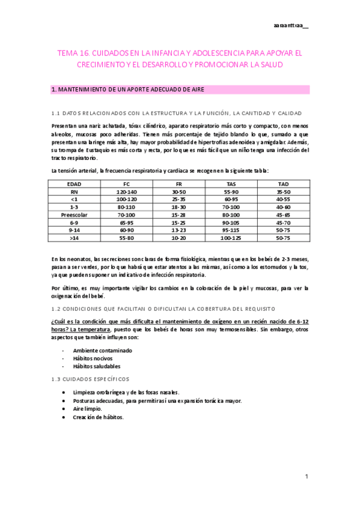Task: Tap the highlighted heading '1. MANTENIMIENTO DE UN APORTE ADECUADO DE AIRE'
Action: tap(128, 90)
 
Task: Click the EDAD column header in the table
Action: tap(75, 183)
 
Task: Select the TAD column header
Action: tap(283, 183)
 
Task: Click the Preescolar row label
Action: tap(75, 214)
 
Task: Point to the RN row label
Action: tap(75, 191)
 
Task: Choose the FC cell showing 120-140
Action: tap(127, 191)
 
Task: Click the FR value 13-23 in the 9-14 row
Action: tap(179, 230)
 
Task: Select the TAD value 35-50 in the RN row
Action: tap(283, 191)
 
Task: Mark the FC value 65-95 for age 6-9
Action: tap(127, 222)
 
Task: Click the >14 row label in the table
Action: tap(75, 238)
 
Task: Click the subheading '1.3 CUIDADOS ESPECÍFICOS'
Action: tap(90, 379)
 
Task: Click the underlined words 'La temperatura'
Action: tap(88, 330)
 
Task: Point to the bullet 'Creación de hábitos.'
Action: tap(99, 417)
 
